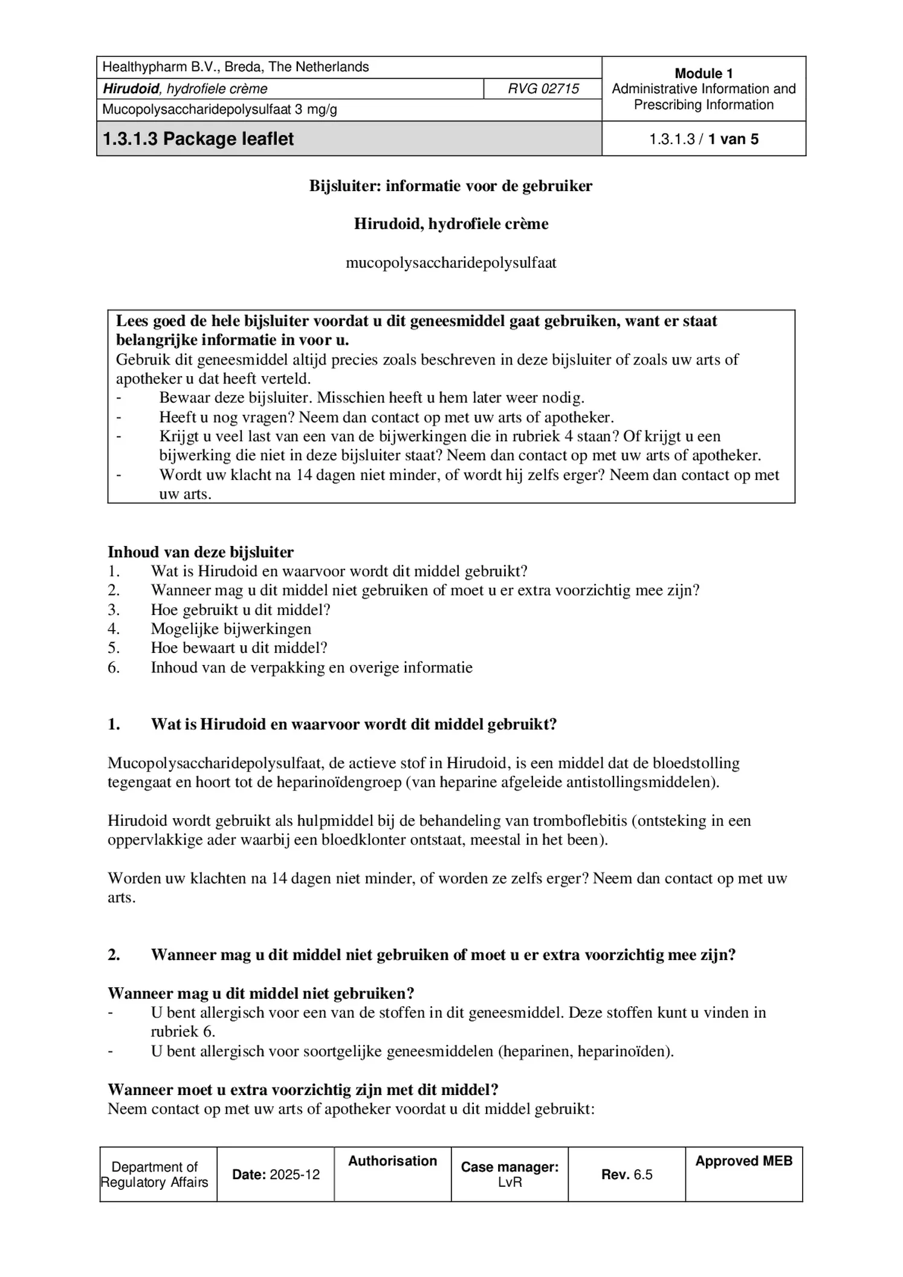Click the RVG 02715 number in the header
[543, 89]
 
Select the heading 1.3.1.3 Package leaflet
[198, 139]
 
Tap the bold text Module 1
[704, 74]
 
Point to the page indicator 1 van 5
[733, 139]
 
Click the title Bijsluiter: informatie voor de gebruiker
[451, 186]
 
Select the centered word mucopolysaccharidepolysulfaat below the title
[451, 263]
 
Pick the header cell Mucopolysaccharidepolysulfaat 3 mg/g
[220, 110]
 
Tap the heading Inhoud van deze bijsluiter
[201, 552]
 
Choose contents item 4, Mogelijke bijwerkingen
[231, 629]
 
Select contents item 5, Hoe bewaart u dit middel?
[239, 648]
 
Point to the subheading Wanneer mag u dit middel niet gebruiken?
[261, 993]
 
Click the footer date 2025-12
[294, 1175]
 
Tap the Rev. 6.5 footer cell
[627, 1175]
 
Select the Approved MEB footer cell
[743, 1161]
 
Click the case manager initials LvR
[510, 1183]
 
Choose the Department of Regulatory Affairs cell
[155, 1175]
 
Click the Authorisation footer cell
[392, 1161]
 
